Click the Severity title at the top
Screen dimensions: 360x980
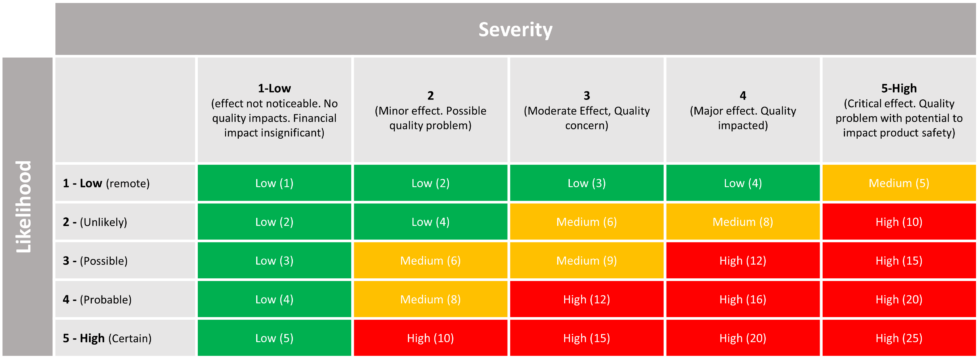515,29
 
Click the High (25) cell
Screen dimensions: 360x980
898,338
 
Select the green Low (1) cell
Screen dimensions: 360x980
274,184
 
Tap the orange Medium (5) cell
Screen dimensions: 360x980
898,184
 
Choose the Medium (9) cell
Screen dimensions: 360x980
586,261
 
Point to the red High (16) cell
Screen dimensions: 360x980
743,300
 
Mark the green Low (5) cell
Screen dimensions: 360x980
274,338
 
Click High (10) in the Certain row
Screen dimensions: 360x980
430,338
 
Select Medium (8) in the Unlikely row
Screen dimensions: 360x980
743,222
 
